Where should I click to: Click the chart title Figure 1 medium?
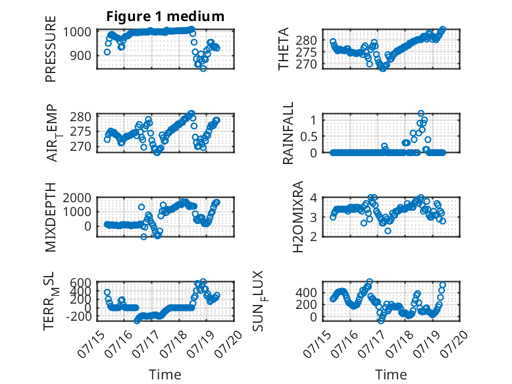165,16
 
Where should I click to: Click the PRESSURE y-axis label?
51,49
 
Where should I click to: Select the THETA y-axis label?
284,49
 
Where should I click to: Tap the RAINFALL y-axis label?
288,133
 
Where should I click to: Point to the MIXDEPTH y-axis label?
51,217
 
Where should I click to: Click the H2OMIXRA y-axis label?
298,217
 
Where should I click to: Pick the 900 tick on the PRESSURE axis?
82,55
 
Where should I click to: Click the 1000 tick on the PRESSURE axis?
77,32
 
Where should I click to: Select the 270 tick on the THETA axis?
306,65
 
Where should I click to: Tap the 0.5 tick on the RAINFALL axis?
309,136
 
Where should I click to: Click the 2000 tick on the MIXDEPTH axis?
77,198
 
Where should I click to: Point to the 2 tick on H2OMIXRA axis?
314,236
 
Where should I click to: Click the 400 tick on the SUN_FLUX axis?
306,292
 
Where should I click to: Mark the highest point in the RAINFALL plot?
421,113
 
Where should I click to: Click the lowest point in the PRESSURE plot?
203,69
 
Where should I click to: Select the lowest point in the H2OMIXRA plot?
388,231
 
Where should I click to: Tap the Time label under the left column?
165,375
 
